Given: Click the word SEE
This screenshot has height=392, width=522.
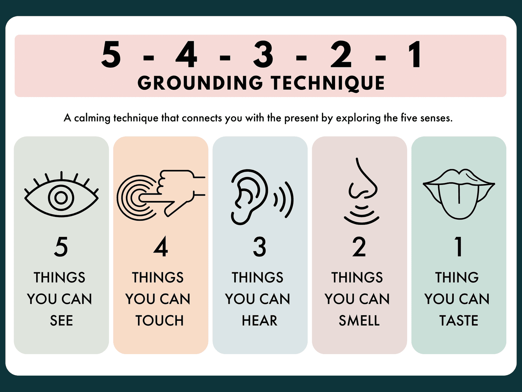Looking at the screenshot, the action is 61,320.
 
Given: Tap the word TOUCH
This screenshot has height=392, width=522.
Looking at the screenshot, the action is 160,320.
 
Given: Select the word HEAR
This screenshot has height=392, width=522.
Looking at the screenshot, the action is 259,320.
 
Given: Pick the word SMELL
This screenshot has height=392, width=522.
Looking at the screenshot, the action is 359,320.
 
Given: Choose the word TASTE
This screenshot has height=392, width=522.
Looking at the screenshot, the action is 459,320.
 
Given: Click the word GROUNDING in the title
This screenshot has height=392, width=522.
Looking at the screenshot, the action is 200,83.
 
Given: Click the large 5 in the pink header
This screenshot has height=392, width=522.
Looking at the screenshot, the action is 111,54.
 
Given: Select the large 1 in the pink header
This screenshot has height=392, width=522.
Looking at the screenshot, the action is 415,54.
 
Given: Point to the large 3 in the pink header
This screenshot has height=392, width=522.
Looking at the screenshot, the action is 263,54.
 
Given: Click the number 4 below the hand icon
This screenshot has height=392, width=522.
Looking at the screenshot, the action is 161,247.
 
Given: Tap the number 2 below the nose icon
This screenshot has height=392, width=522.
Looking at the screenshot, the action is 359,247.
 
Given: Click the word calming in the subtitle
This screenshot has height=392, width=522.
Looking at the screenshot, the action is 92,118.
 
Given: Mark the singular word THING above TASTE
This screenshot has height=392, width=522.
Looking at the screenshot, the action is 457,277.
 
